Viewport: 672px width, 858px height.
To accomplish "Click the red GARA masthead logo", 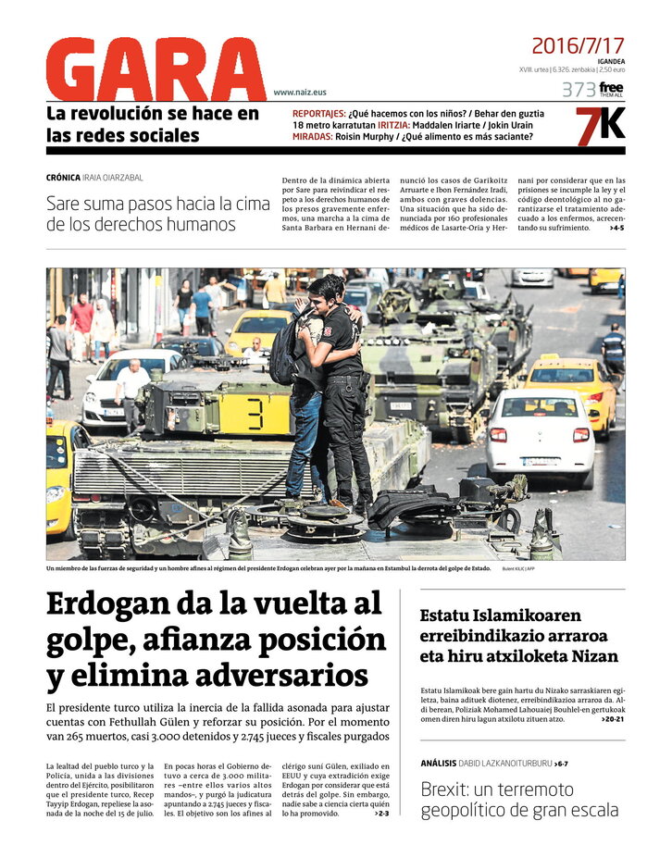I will pyautogui.click(x=155, y=70).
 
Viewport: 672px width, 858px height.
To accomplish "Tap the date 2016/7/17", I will pyautogui.click(x=578, y=45).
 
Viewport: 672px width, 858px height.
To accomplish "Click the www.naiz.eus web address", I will pyautogui.click(x=300, y=93).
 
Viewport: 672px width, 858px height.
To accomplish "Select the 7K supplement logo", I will pyautogui.click(x=600, y=127).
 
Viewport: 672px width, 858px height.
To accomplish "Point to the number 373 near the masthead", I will pyautogui.click(x=578, y=90).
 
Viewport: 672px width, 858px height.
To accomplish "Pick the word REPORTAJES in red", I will pyautogui.click(x=318, y=114).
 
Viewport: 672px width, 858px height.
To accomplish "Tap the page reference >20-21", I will pyautogui.click(x=612, y=719).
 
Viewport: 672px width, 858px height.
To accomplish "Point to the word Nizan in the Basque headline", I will pyautogui.click(x=591, y=656).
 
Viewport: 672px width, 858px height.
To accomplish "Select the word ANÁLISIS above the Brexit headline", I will pyautogui.click(x=438, y=764).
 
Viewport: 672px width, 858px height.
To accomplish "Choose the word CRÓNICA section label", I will pyautogui.click(x=67, y=178).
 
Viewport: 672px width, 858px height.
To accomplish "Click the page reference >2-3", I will pyautogui.click(x=382, y=814).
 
